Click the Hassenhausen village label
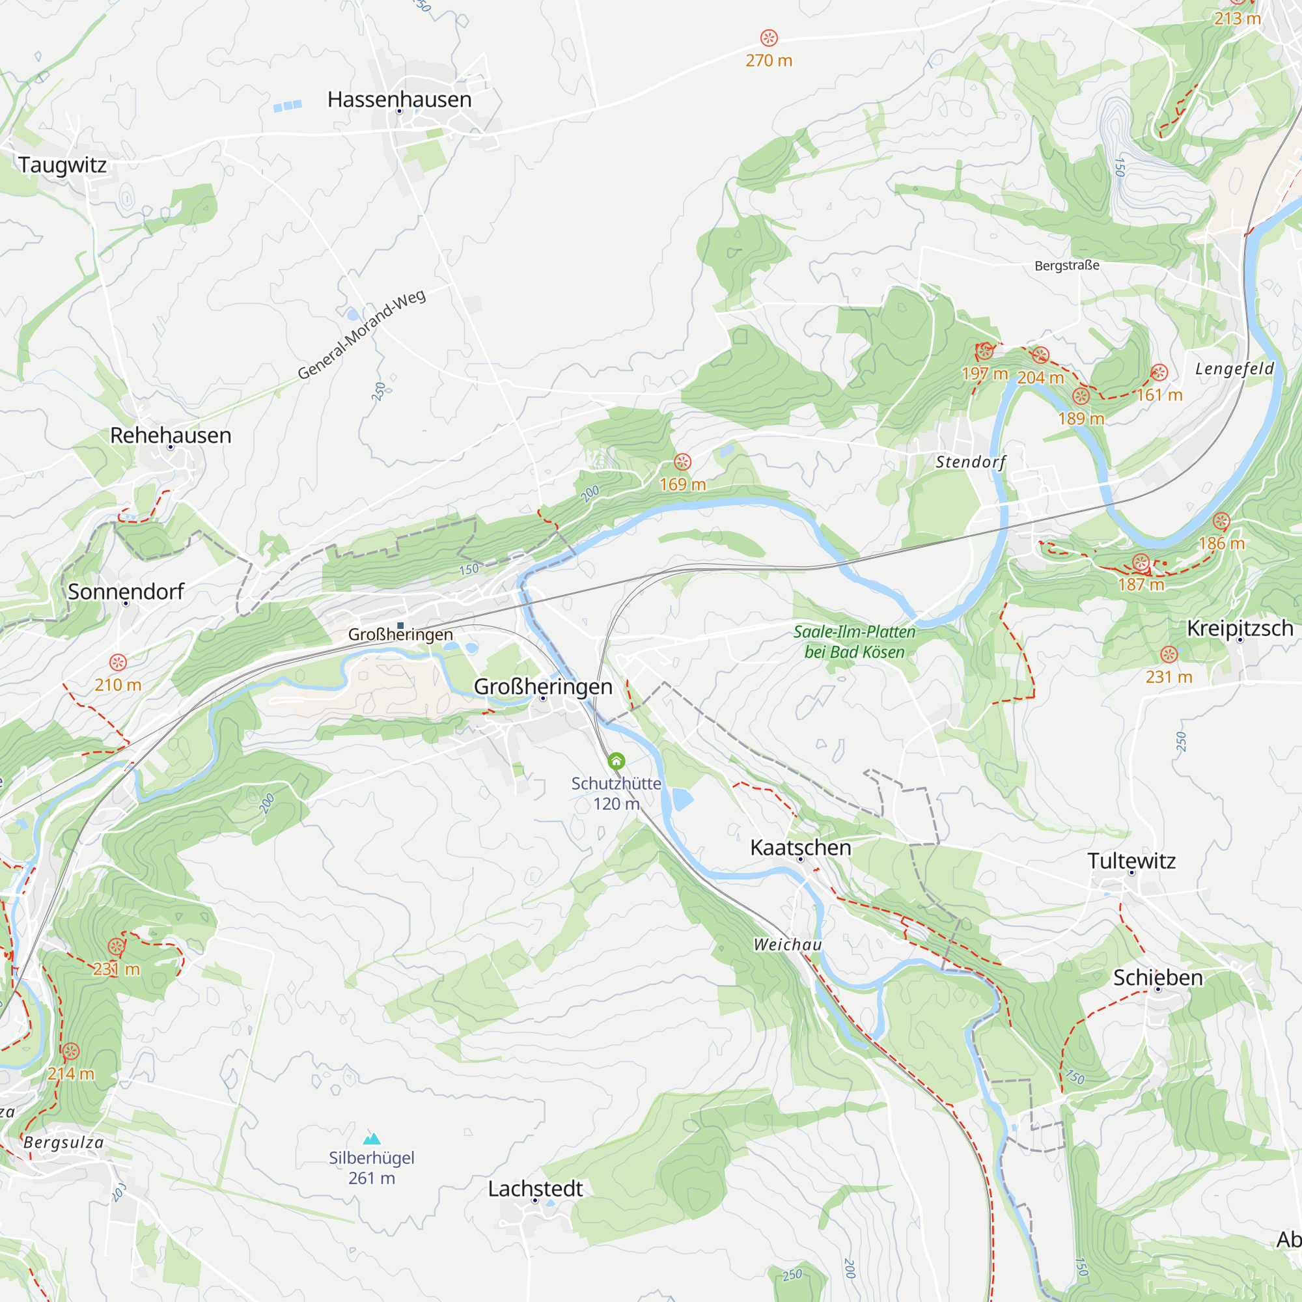tap(399, 99)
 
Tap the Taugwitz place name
tap(62, 165)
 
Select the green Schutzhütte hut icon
tap(616, 761)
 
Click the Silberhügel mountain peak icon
tap(371, 1139)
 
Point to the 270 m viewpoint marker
tap(768, 38)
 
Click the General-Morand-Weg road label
tap(361, 335)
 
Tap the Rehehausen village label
tap(171, 436)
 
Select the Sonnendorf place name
tap(126, 592)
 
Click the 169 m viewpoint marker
tap(682, 462)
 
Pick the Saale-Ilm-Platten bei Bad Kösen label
tap(854, 642)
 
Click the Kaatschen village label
tap(801, 847)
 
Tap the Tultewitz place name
tap(1131, 861)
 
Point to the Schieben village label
tap(1157, 977)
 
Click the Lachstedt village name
tap(535, 1189)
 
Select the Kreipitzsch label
tap(1240, 628)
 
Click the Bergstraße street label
tap(1066, 266)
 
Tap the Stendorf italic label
tap(971, 462)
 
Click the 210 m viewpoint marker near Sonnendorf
tap(118, 663)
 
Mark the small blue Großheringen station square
tap(400, 626)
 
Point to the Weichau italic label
tap(787, 945)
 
